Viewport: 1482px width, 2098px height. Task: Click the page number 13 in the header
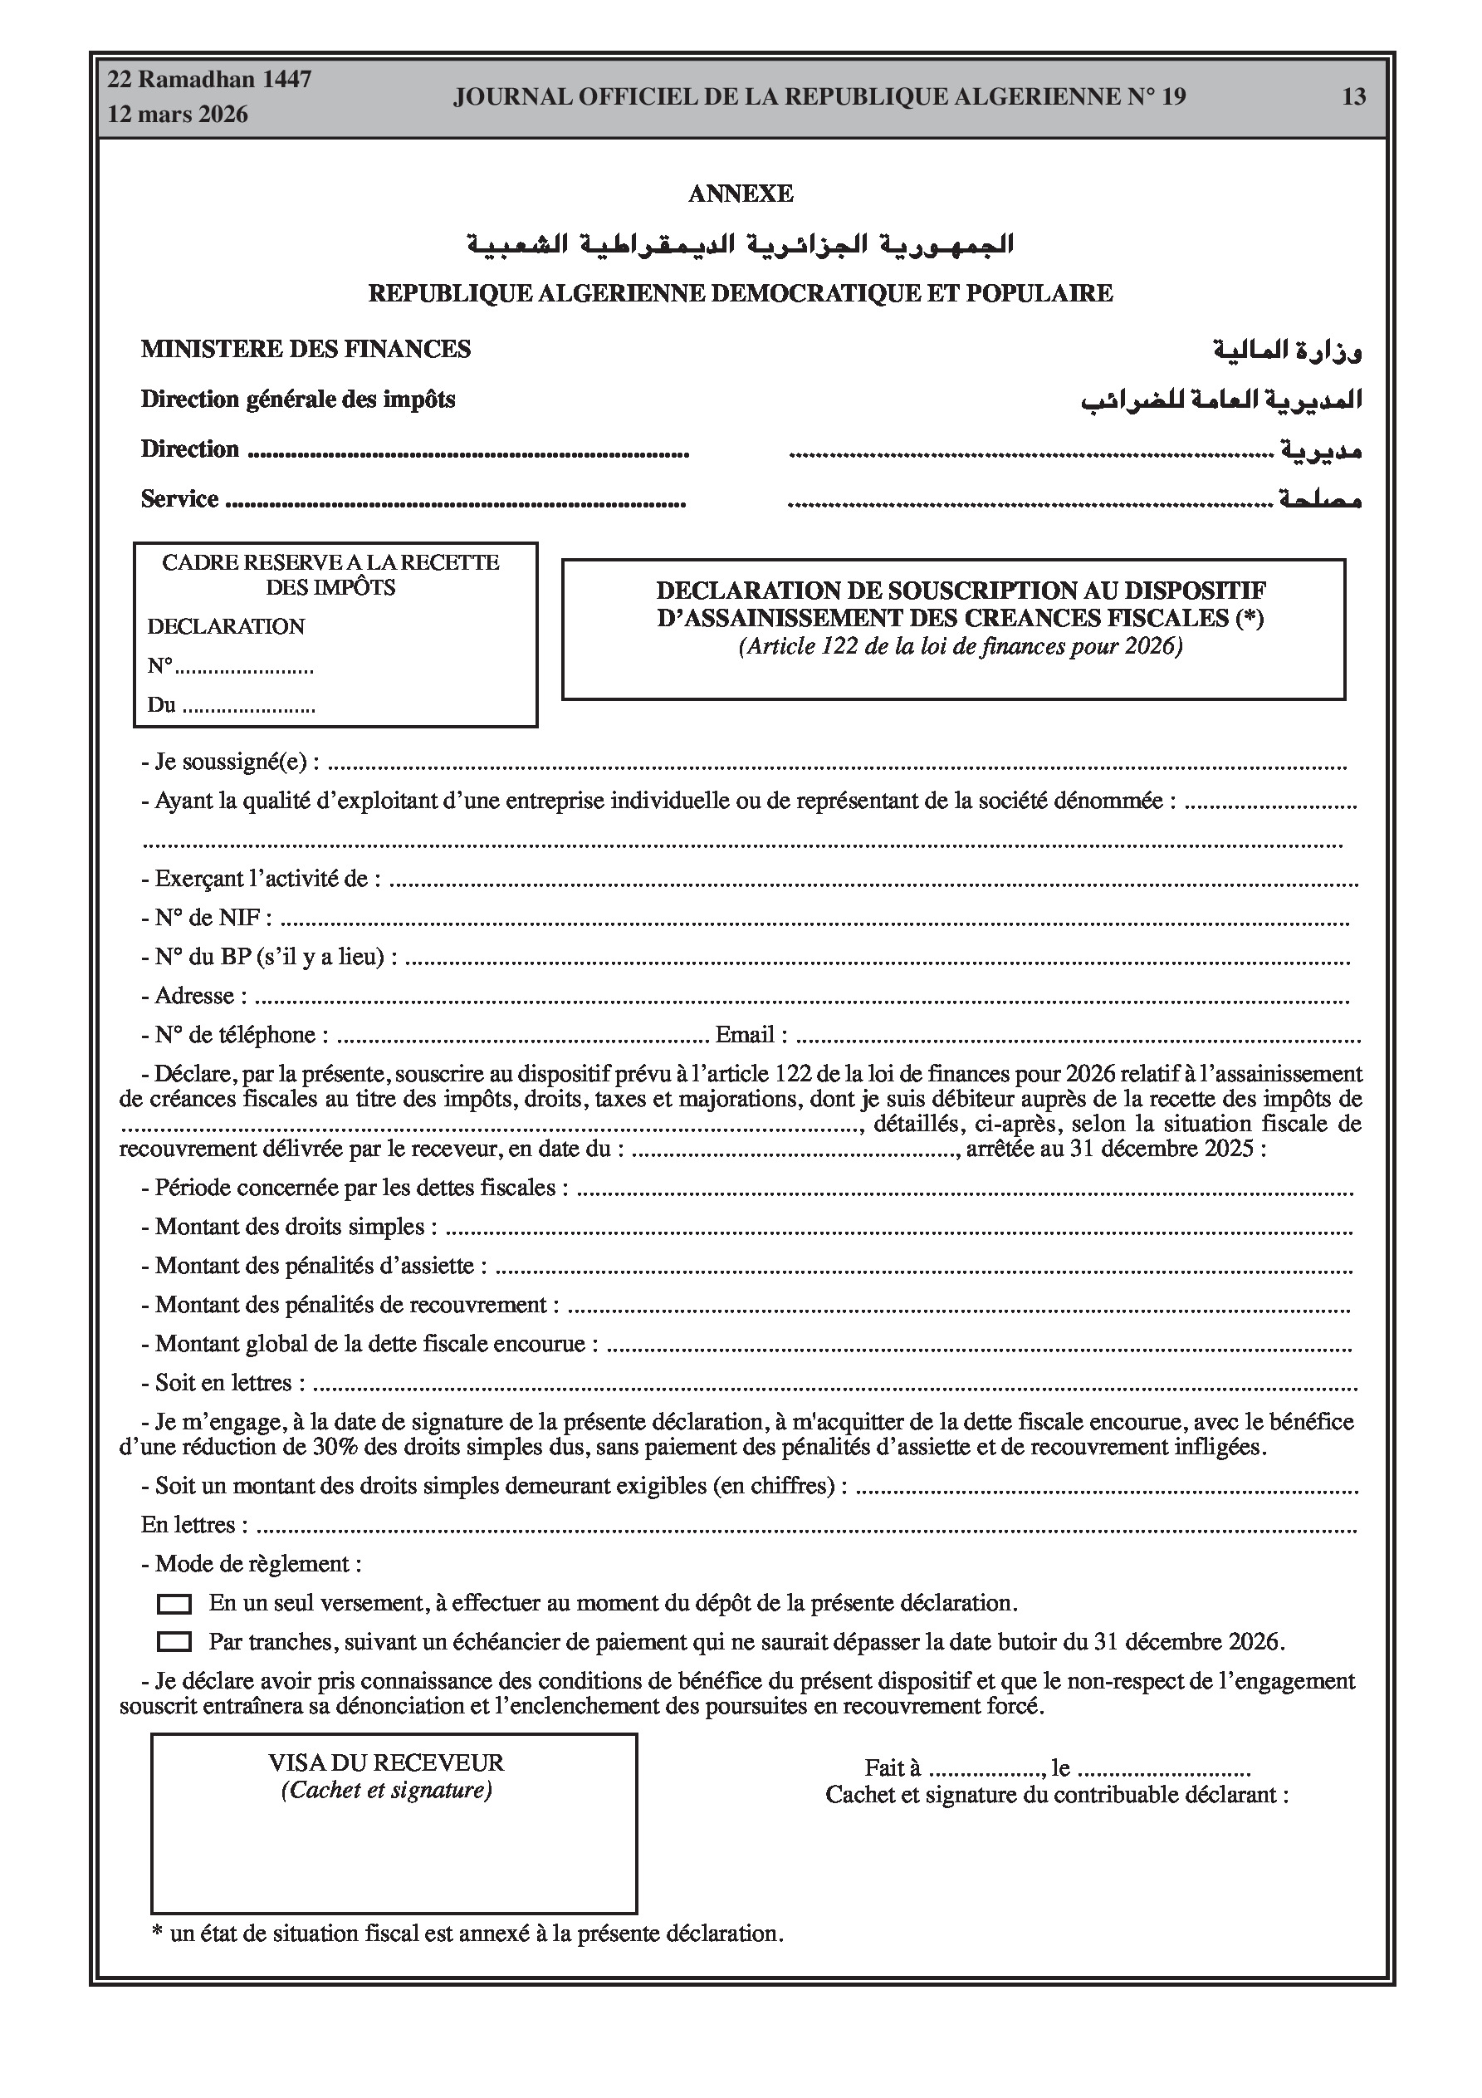tap(1353, 97)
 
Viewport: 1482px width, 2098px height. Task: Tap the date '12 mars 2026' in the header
tap(179, 115)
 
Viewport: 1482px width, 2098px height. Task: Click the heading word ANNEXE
tap(740, 194)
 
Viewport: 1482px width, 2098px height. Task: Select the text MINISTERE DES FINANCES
tap(306, 349)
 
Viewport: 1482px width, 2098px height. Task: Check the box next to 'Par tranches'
tap(174, 1642)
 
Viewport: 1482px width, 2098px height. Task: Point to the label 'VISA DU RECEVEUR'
tap(385, 1762)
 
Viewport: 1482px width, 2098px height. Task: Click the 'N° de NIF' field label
tap(207, 918)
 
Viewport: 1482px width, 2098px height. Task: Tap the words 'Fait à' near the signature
tap(892, 1768)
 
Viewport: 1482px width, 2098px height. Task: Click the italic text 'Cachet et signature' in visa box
tap(385, 1789)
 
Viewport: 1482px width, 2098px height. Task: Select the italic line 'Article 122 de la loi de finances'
tap(961, 646)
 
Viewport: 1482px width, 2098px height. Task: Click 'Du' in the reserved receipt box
tap(161, 705)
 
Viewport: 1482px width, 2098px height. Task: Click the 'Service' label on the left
tap(180, 499)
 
